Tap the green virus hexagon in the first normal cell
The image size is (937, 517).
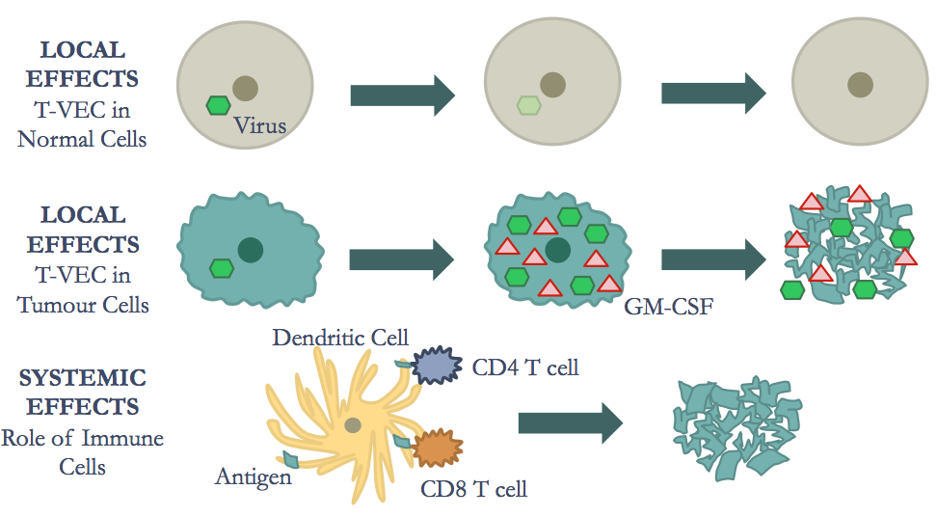coord(220,105)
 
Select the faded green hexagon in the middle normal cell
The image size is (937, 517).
coord(528,105)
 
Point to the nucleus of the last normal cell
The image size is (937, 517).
coord(860,84)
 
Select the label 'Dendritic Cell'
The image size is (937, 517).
coord(340,338)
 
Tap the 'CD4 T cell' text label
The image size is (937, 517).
coord(525,367)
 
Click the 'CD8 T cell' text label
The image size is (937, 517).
coord(474,488)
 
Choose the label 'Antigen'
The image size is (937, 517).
coord(254,476)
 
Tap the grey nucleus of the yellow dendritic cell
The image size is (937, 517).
coord(353,425)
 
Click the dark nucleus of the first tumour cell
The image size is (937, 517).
coord(251,249)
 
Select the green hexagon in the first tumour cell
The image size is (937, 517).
coord(222,267)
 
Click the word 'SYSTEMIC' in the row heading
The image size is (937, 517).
coord(83,377)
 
